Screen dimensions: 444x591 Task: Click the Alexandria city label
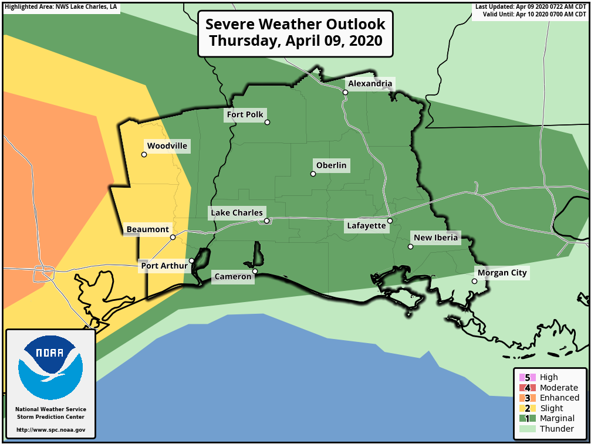370,84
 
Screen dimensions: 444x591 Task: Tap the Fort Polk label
245,114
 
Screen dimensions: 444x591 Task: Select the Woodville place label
167,146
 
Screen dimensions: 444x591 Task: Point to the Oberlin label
331,165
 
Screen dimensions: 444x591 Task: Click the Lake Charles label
237,212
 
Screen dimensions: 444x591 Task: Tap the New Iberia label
435,238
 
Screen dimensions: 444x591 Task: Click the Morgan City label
502,273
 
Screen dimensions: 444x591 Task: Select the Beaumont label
148,229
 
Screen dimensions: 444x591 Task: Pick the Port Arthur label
164,266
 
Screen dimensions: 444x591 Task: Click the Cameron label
233,276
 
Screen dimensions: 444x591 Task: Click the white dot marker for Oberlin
313,174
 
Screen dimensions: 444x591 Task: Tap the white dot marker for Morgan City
474,282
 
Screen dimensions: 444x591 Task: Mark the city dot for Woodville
144,155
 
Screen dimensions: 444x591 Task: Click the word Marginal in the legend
557,418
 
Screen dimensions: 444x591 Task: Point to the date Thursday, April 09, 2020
295,42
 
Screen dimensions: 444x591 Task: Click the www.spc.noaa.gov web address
51,430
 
